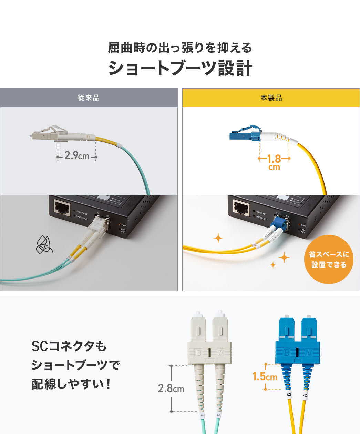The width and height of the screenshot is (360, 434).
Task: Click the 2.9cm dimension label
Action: [76, 156]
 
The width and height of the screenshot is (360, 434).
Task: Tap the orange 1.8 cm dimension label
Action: [274, 162]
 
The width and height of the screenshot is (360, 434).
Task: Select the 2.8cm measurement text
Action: [171, 388]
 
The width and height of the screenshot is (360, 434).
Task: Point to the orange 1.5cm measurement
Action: [265, 376]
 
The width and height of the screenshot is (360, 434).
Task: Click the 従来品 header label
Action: [89, 98]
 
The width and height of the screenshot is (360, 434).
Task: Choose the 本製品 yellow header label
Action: [271, 98]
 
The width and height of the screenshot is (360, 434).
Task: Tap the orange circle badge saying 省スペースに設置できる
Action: [329, 259]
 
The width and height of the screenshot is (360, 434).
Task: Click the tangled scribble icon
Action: [44, 244]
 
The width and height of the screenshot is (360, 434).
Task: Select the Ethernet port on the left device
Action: [62, 208]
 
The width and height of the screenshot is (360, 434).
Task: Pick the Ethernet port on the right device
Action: [241, 208]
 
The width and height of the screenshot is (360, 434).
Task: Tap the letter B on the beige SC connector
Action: [198, 353]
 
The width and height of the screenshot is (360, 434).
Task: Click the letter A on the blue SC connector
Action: [309, 353]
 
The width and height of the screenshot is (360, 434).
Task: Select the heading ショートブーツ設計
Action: [180, 68]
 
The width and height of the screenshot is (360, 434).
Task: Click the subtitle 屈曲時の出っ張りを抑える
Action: [180, 48]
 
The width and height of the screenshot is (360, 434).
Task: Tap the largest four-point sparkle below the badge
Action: [284, 257]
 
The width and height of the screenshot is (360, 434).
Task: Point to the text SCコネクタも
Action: [69, 346]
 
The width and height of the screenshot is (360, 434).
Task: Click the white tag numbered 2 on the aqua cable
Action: [219, 415]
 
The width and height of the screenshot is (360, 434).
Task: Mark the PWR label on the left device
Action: [124, 226]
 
